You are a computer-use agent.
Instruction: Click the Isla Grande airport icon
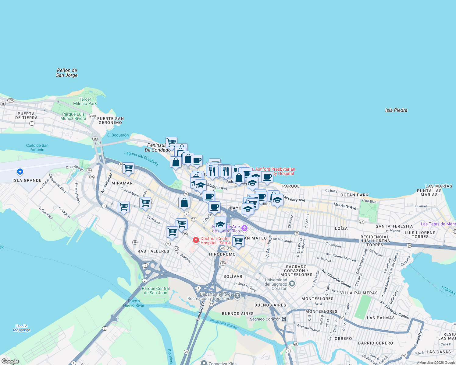[20, 172]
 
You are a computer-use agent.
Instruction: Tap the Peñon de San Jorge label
[67, 73]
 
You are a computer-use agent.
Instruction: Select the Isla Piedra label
[396, 110]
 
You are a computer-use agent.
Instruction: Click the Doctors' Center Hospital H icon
[196, 240]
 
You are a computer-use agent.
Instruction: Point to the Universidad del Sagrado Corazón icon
[292, 284]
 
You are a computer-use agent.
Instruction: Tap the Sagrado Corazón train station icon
[284, 319]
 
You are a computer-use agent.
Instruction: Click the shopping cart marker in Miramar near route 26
[128, 168]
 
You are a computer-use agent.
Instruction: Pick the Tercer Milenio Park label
[85, 101]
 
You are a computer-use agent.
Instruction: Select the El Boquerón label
[118, 135]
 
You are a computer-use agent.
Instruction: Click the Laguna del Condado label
[141, 158]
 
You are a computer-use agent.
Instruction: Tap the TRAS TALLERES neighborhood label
[152, 251]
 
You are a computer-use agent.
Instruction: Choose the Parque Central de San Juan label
[155, 290]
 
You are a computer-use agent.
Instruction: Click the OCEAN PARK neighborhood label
[354, 195]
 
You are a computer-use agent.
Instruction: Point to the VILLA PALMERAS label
[359, 293]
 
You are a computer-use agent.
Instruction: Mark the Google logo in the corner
[10, 361]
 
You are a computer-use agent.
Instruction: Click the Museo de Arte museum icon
[244, 228]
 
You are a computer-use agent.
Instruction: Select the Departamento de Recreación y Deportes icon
[237, 296]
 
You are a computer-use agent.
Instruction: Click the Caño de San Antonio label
[37, 148]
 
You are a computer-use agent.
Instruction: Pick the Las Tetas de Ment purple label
[438, 224]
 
